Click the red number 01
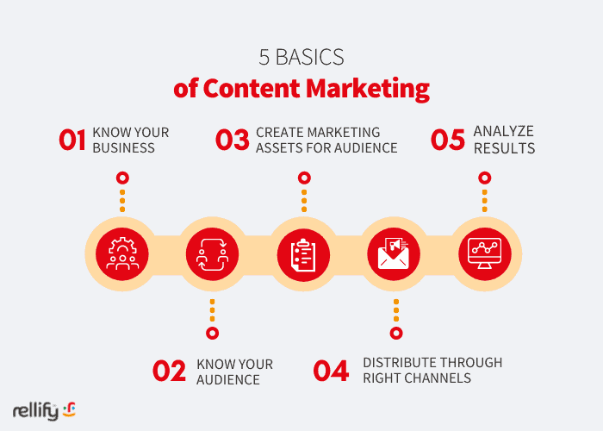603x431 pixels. click(72, 140)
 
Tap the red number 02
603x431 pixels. click(169, 371)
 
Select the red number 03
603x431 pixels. click(233, 140)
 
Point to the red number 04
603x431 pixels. click(331, 371)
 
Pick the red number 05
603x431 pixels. click(448, 140)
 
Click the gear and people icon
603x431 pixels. click(122, 253)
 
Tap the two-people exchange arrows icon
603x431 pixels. click(212, 254)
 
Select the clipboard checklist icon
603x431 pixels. click(303, 255)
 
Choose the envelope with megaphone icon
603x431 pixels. click(394, 253)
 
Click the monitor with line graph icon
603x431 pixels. click(484, 253)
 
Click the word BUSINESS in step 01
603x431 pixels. click(123, 148)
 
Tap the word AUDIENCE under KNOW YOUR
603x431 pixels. click(228, 380)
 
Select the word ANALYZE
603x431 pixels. click(503, 132)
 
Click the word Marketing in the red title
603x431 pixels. click(368, 89)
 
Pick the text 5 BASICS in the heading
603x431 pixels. click(301, 58)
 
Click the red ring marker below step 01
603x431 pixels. click(122, 178)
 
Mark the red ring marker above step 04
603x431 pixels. click(396, 333)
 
